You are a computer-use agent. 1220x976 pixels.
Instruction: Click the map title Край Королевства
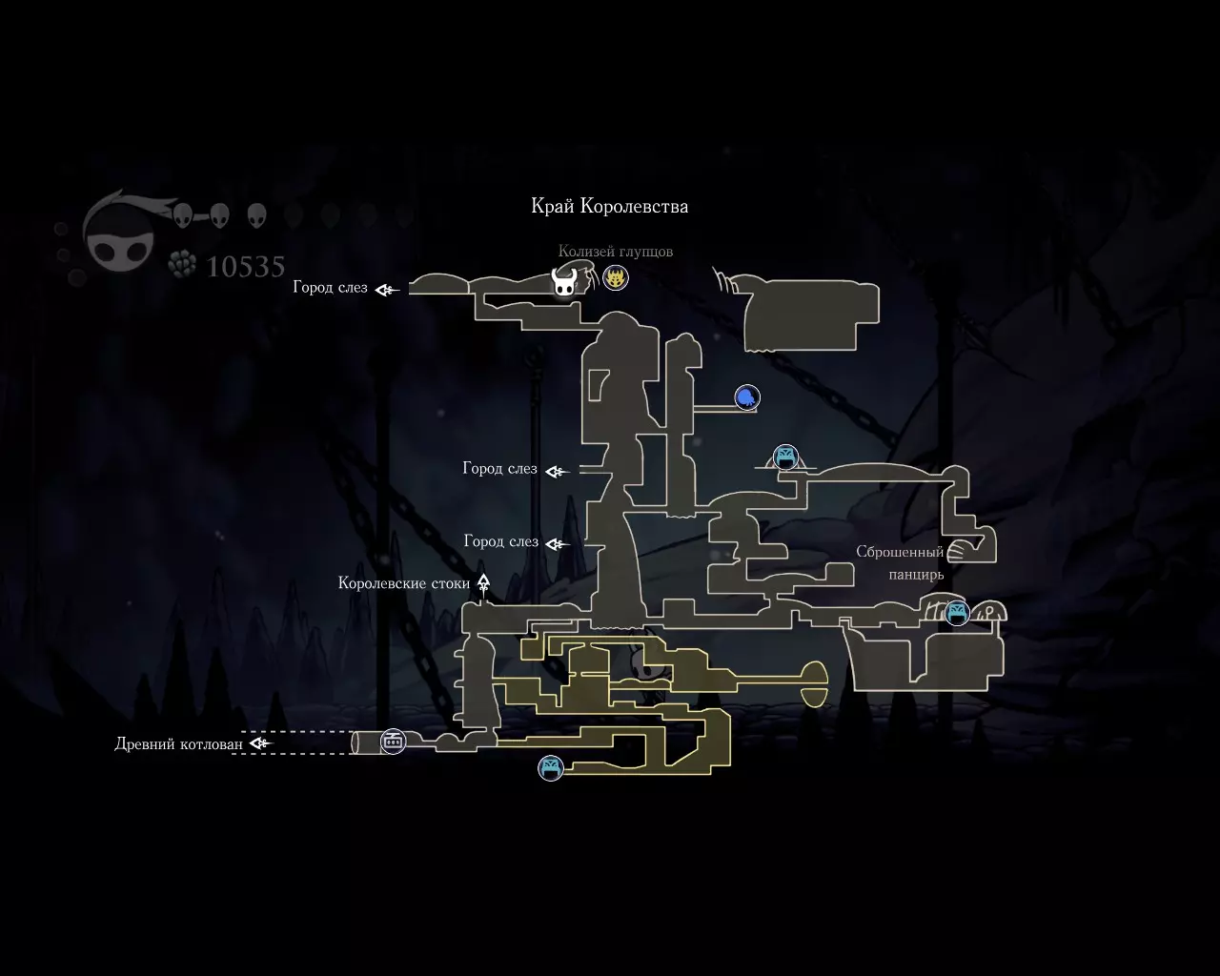[609, 206]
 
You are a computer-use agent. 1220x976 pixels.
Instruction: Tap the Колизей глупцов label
[615, 252]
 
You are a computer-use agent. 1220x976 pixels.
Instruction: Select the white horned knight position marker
[564, 282]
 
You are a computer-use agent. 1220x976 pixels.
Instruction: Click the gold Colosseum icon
[615, 278]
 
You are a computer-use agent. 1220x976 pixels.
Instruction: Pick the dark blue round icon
[747, 397]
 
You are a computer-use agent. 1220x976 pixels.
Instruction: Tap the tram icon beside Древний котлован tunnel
[393, 741]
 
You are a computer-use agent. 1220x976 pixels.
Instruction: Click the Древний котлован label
[178, 743]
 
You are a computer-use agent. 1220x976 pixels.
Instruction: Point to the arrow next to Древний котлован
[261, 742]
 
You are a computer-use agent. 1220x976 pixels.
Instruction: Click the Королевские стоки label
[403, 583]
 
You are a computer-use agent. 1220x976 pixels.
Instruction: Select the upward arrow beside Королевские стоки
[483, 584]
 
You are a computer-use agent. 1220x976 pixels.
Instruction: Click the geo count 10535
[245, 267]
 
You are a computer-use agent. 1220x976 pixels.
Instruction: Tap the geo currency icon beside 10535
[182, 264]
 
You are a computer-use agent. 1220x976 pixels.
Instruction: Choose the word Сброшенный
[900, 552]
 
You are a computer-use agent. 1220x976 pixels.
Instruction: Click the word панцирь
[916, 575]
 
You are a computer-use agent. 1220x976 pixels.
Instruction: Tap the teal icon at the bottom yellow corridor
[551, 768]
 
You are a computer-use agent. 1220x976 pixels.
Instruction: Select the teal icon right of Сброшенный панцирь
[957, 613]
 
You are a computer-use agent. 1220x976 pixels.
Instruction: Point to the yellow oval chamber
[814, 684]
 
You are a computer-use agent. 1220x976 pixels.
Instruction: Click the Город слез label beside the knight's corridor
[330, 288]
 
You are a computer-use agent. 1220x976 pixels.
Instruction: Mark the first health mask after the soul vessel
[183, 215]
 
